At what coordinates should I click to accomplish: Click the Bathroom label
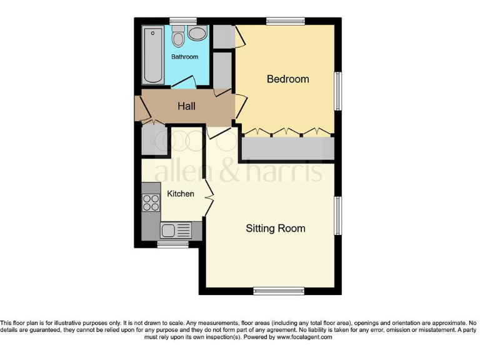pos(185,57)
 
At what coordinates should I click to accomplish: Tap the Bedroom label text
pos(287,79)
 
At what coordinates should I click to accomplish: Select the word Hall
pos(186,106)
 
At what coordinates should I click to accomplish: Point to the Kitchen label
pos(181,194)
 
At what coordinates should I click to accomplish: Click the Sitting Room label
pos(276,229)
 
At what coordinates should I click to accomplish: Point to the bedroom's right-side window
pos(338,92)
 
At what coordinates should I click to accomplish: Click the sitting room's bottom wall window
pos(279,291)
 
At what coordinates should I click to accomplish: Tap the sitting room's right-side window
pos(338,216)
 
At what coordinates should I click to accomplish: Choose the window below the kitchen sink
pos(167,244)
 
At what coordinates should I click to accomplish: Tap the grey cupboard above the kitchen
pos(152,141)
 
